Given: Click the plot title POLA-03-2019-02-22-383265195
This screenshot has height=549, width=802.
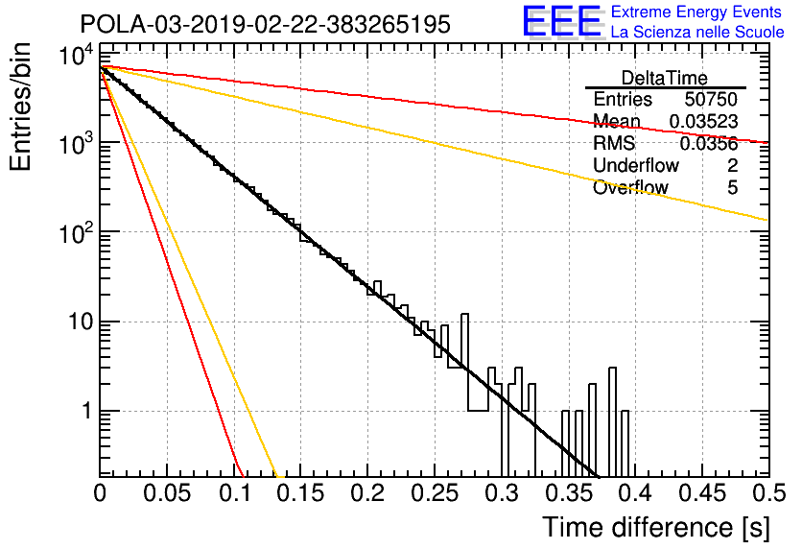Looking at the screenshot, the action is (266, 24).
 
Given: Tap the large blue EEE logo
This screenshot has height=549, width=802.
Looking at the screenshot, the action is (561, 21).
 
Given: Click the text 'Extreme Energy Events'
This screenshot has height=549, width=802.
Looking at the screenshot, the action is (696, 12).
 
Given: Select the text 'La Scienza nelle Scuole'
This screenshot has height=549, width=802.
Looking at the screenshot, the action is (697, 33).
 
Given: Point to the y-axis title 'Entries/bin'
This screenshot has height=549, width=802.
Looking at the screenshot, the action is (20, 107).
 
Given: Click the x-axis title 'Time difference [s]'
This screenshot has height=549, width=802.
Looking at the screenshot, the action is (656, 528).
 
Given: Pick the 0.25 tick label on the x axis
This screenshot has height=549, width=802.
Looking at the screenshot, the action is (434, 493).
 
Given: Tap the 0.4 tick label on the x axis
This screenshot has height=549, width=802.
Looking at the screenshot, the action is (634, 493).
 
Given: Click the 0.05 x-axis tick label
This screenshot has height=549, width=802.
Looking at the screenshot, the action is (167, 493).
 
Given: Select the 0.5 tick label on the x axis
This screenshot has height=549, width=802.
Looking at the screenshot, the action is (768, 493).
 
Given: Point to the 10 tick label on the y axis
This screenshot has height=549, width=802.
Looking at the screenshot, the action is (81, 322).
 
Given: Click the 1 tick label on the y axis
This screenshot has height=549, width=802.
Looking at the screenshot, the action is (87, 412).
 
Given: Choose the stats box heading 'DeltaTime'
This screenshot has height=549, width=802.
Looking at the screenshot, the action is (665, 78).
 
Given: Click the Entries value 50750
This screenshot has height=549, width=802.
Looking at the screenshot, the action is (711, 99).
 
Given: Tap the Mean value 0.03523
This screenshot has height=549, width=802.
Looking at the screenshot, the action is (703, 122).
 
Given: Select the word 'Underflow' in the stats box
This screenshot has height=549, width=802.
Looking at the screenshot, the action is (636, 165).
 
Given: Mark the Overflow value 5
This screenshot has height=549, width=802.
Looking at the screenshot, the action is (732, 188).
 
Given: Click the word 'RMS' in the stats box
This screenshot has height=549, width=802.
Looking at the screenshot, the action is (614, 143).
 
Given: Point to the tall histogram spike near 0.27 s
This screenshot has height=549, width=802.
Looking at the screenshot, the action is (465, 341).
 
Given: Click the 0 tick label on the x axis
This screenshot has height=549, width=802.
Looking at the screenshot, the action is (100, 493).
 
